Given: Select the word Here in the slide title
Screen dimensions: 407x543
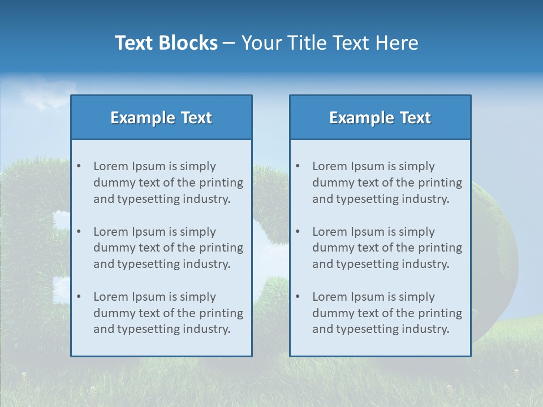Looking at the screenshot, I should [398, 43].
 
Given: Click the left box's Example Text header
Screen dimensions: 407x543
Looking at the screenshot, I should [161, 118].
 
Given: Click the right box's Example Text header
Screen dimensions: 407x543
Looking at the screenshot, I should [380, 118].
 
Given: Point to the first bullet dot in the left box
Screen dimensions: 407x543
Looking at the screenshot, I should [79, 166].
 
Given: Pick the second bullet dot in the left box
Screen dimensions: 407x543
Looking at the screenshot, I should [79, 232].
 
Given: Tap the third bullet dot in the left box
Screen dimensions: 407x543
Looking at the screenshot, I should [79, 297].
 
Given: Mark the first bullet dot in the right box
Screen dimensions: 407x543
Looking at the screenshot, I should [298, 166].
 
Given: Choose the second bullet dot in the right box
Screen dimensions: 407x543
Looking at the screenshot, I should [298, 232].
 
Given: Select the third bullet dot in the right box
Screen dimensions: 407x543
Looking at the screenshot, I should [298, 297].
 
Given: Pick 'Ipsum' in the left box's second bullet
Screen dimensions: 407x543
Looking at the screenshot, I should [148, 232].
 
